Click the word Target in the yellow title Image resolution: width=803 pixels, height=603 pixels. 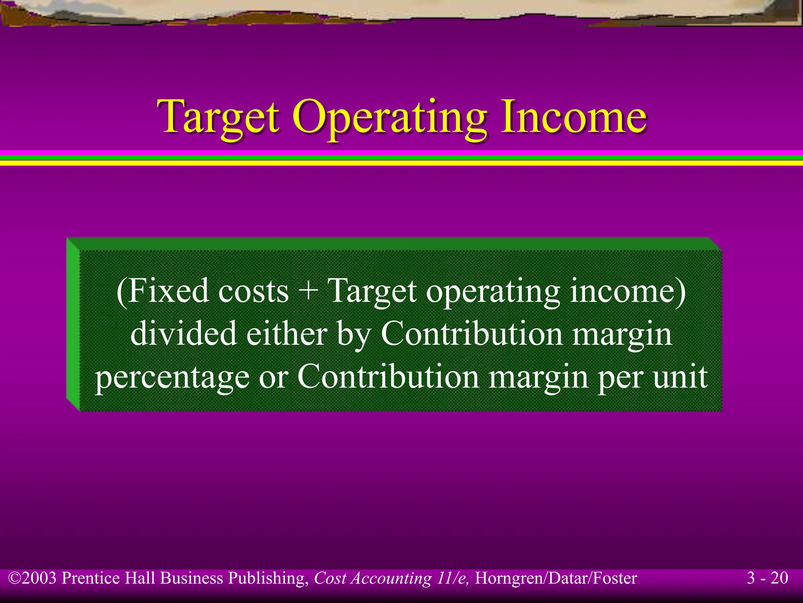(x=218, y=117)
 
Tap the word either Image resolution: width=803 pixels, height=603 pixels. (x=286, y=334)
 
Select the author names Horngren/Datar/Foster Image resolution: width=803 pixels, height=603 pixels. (x=556, y=579)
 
